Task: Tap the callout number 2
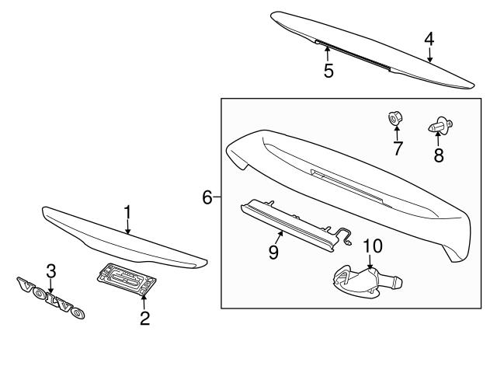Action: (x=144, y=317)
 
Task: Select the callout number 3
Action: (x=50, y=270)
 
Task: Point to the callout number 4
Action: (x=429, y=38)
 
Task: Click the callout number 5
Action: (x=328, y=71)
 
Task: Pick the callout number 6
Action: (x=207, y=197)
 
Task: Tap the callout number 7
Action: (x=398, y=148)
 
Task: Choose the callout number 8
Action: (x=439, y=155)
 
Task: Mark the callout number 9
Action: (x=274, y=253)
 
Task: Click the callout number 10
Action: (x=372, y=246)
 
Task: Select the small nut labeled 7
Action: (x=394, y=119)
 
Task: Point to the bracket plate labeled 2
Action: (x=125, y=279)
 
